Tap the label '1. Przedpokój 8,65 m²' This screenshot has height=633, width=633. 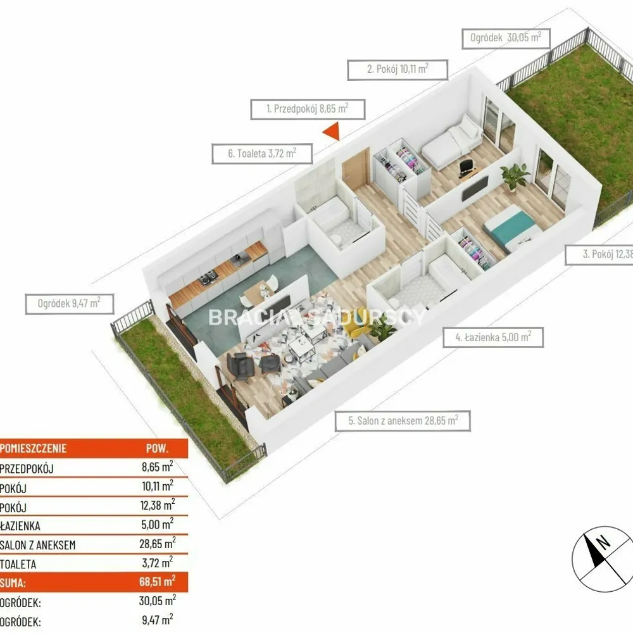[x=308, y=109]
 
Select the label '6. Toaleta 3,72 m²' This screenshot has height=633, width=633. [x=262, y=153]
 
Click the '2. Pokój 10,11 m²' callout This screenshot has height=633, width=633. [x=398, y=70]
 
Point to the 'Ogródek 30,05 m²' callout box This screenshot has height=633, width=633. [x=506, y=39]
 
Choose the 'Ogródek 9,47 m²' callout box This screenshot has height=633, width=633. [x=70, y=304]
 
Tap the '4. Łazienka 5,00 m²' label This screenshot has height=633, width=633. [x=493, y=337]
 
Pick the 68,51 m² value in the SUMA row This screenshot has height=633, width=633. [x=158, y=581]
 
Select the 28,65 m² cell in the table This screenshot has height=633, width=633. [x=158, y=543]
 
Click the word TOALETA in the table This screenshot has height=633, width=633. [x=18, y=564]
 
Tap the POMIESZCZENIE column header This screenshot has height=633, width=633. [x=34, y=448]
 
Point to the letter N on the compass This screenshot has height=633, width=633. [x=604, y=542]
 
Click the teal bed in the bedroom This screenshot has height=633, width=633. [x=512, y=228]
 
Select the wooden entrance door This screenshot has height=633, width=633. [x=356, y=169]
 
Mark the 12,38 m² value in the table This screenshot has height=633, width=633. [x=158, y=505]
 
